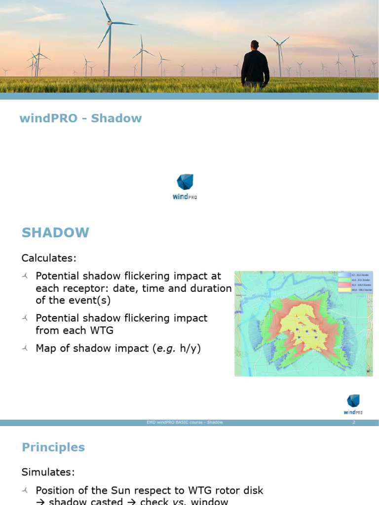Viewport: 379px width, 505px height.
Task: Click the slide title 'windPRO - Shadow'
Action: pos(80,118)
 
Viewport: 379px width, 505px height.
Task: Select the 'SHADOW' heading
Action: pos(55,233)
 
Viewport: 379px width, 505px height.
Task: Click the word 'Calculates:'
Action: pos(49,258)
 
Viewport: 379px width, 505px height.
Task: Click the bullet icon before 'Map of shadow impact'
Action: pos(26,349)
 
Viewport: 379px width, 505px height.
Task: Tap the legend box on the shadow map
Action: pos(354,282)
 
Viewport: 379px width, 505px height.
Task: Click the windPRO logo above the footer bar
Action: pos(353,404)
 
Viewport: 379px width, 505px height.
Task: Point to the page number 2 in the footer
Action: pos(354,423)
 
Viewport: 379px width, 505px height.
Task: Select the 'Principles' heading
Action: pos(53,447)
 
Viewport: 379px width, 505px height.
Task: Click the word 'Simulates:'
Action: pos(48,472)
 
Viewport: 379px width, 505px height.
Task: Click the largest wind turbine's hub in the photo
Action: pos(109,23)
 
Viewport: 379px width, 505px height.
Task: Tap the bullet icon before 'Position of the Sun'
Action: pos(26,491)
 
